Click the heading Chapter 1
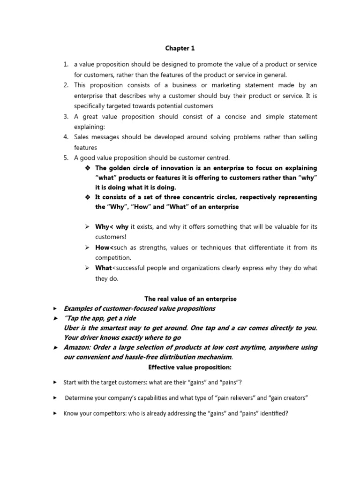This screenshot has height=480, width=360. point(180,48)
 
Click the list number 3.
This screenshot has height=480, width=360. point(66,116)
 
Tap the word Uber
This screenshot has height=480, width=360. point(71,328)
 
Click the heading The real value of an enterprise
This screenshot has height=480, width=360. point(190,299)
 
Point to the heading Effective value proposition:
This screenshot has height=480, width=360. point(190,367)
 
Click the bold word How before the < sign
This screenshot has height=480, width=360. point(102,247)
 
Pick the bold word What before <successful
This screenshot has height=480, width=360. point(103,268)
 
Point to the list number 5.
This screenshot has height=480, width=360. point(66,157)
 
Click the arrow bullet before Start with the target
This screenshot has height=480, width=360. point(55,382)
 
